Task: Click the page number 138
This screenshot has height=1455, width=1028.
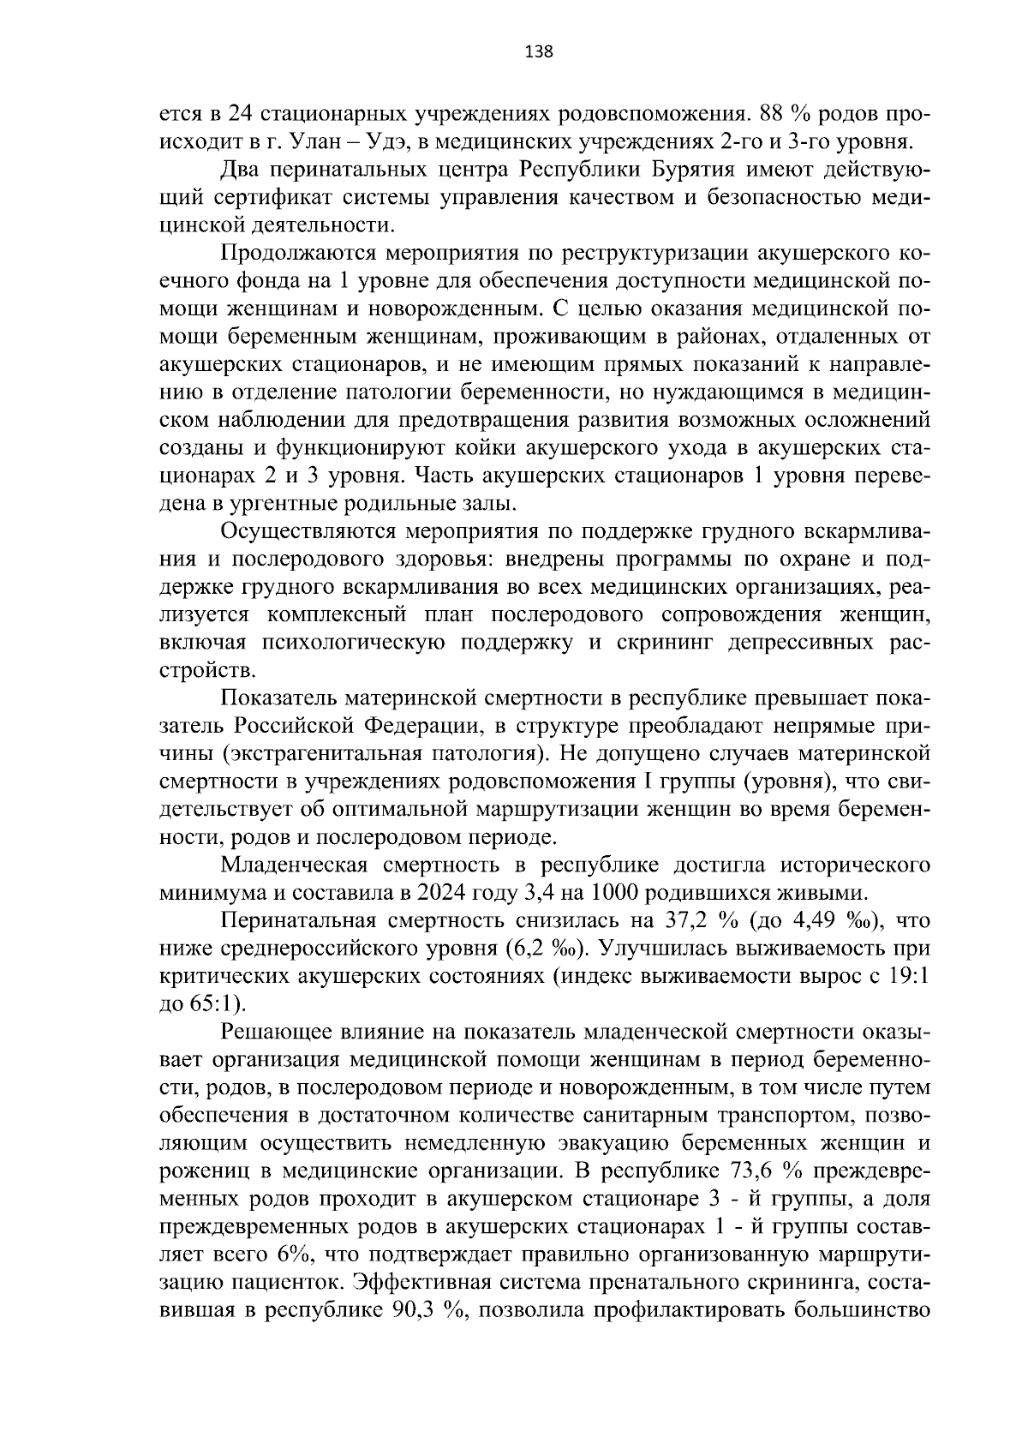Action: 539,51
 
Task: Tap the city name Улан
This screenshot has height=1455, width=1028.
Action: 318,141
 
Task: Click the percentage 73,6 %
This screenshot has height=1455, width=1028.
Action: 768,1170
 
